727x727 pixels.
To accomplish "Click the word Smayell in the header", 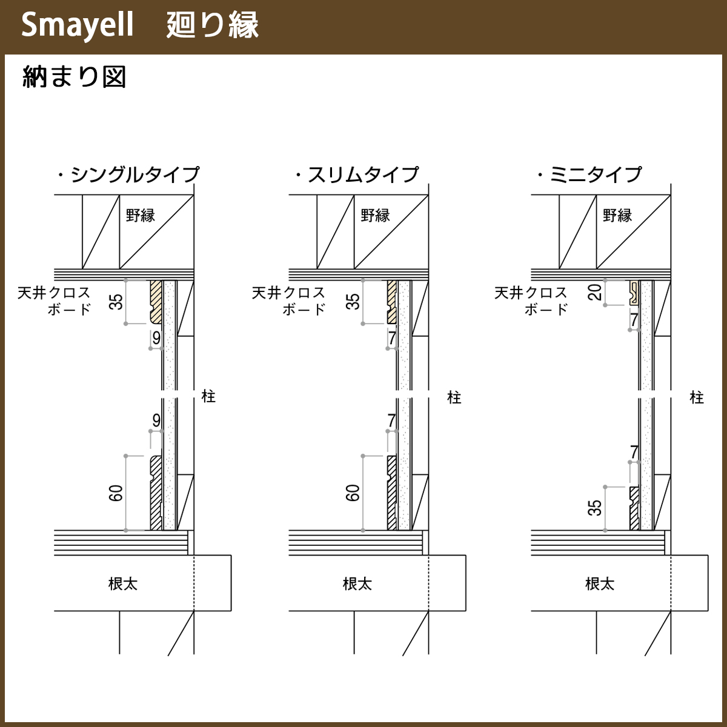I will point(77,26).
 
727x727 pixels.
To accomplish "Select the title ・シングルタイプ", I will point(128,174).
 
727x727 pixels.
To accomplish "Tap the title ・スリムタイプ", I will point(357,174).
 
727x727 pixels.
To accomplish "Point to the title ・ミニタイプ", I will point(589,174).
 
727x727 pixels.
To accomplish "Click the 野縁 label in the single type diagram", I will point(141,215).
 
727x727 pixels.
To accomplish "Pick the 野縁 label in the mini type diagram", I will point(617,215).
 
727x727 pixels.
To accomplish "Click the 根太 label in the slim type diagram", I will point(357,583).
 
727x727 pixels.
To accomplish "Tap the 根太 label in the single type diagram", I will point(123,583).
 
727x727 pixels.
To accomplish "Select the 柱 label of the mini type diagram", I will point(697,397).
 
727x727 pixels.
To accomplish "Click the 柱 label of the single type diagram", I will point(208,396).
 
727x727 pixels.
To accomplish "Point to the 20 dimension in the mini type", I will point(596,292).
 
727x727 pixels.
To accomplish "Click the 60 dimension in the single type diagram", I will point(116,493).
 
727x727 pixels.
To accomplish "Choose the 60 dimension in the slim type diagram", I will point(353,493).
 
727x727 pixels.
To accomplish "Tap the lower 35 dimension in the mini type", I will point(596,508).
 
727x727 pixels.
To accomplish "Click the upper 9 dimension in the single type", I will point(156,338).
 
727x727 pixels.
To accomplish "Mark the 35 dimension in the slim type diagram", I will point(353,301).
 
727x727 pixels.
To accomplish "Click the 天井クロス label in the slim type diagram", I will point(288,293).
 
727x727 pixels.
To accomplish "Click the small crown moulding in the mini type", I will point(634,292).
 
